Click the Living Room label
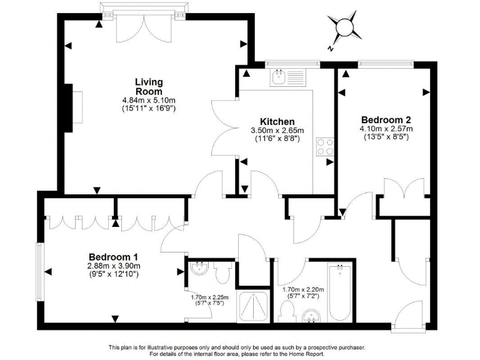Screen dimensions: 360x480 pyautogui.click(x=149, y=87)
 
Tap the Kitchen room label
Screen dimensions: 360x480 pyautogui.click(x=277, y=121)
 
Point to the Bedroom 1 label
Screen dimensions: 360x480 pyautogui.click(x=113, y=257)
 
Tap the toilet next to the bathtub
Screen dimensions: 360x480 pyautogui.click(x=288, y=309)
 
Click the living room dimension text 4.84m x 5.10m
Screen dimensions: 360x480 pyautogui.click(x=149, y=100)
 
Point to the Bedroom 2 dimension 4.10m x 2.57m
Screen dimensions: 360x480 pyautogui.click(x=386, y=129)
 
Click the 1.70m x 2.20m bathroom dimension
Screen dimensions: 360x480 pyautogui.click(x=303, y=290)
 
